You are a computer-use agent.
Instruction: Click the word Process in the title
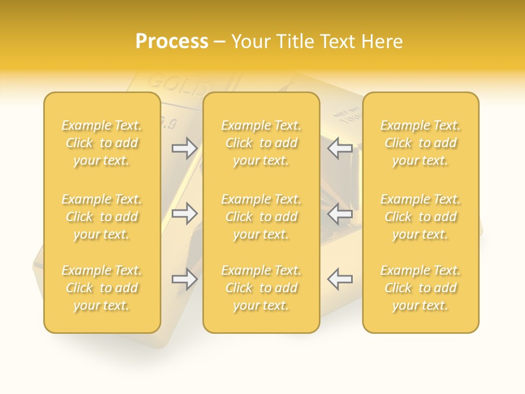[172, 42]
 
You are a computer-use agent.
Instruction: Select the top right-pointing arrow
[184, 148]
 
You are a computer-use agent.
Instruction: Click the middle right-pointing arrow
[184, 213]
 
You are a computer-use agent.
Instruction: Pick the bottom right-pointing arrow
[184, 279]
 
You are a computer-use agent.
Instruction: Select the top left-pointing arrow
[340, 148]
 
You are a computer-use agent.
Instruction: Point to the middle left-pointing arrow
[340, 213]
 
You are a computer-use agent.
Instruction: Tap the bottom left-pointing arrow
[340, 279]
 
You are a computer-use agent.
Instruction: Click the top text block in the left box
[102, 143]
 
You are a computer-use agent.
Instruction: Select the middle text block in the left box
[102, 217]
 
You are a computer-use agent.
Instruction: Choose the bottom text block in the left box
[102, 288]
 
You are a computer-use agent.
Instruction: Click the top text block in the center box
[261, 143]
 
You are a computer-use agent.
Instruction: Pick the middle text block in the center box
[261, 217]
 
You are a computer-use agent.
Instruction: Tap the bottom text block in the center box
[261, 288]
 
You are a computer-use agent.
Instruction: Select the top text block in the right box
[421, 143]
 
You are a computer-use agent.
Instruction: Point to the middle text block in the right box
[421, 217]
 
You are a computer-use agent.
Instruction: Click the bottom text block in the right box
[421, 288]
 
